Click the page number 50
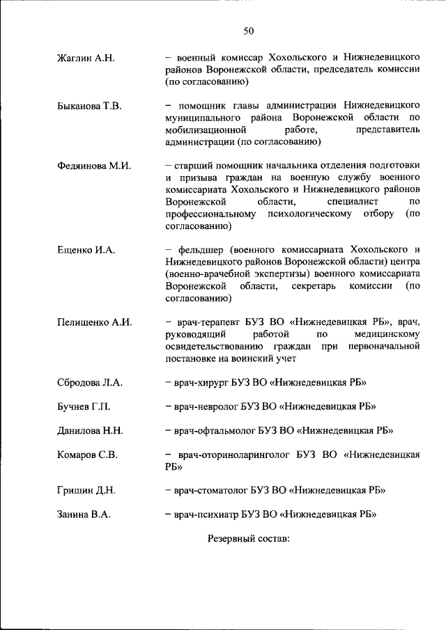(x=249, y=30)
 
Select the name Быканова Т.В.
(x=89, y=106)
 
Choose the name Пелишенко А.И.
(x=94, y=322)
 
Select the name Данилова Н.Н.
(x=90, y=431)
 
